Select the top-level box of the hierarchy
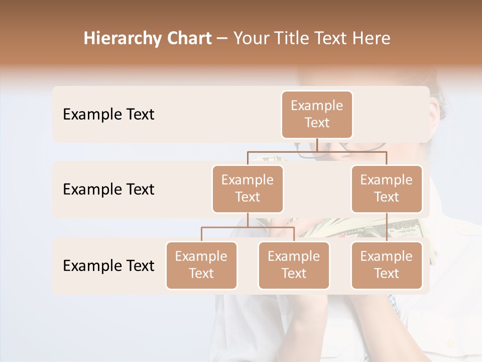pyautogui.click(x=317, y=115)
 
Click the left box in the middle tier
pyautogui.click(x=248, y=189)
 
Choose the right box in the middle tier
pyautogui.click(x=387, y=189)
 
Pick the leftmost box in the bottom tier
pyautogui.click(x=201, y=265)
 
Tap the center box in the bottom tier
pyautogui.click(x=294, y=265)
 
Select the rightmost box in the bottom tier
pyautogui.click(x=387, y=265)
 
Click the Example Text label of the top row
pyautogui.click(x=108, y=115)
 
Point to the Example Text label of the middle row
pyautogui.click(x=108, y=190)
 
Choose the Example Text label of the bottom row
pyautogui.click(x=108, y=266)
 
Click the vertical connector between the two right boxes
pyautogui.click(x=387, y=227)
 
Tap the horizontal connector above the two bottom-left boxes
pyautogui.click(x=248, y=227)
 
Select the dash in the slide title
pyautogui.click(x=222, y=39)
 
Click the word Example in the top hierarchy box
pyautogui.click(x=317, y=106)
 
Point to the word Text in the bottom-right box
pyautogui.click(x=387, y=274)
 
